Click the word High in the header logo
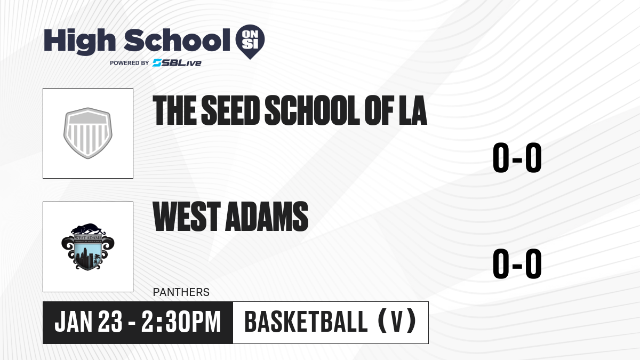pyautogui.click(x=79, y=42)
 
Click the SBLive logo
pyautogui.click(x=177, y=63)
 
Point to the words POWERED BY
pyautogui.click(x=129, y=63)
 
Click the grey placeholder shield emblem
pyautogui.click(x=87, y=133)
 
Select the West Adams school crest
pyautogui.click(x=87, y=246)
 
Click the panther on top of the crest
pyautogui.click(x=87, y=229)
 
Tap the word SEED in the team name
pyautogui.click(x=230, y=110)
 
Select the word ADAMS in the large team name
pyautogui.click(x=267, y=216)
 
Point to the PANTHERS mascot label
pyautogui.click(x=181, y=292)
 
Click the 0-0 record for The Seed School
pyautogui.click(x=517, y=158)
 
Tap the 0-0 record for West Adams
pyautogui.click(x=517, y=263)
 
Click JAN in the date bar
pyautogui.click(x=74, y=322)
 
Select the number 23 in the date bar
pyautogui.click(x=110, y=322)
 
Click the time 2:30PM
pyautogui.click(x=181, y=322)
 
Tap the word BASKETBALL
pyautogui.click(x=306, y=322)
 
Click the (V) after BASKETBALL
pyautogui.click(x=397, y=321)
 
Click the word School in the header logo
pyautogui.click(x=177, y=40)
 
